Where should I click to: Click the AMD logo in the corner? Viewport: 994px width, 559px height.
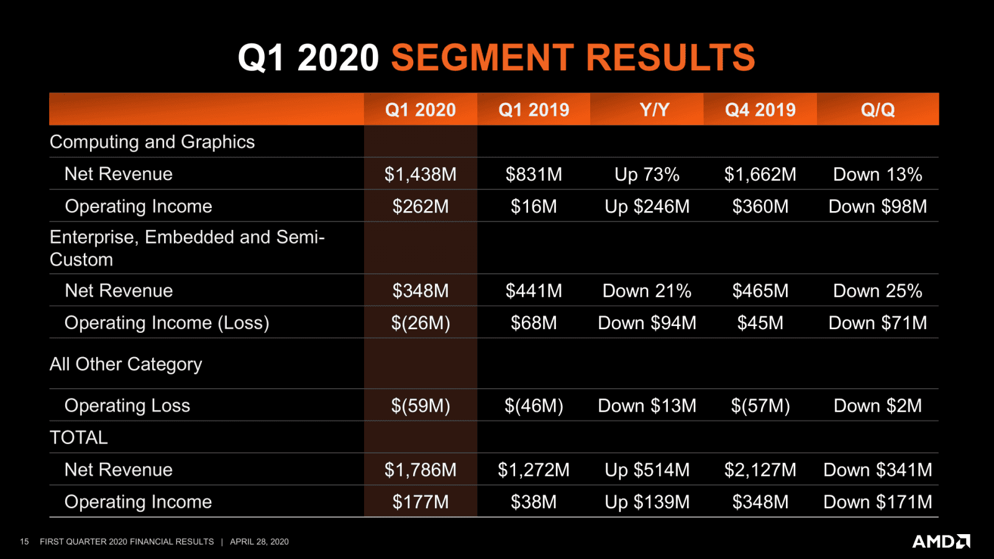(941, 541)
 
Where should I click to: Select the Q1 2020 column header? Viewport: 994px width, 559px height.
(421, 110)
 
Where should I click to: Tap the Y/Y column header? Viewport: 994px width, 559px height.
(654, 110)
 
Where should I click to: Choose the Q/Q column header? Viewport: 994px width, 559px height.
(877, 110)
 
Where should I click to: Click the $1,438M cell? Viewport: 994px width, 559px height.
(421, 175)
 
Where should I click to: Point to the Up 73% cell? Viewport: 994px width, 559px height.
(647, 175)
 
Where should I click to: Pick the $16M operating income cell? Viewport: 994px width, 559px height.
(534, 206)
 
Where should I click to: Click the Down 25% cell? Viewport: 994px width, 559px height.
(877, 291)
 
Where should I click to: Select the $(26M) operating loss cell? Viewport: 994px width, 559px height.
(421, 323)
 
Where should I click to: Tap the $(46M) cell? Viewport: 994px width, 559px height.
(534, 406)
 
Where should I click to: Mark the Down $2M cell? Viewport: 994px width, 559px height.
(877, 406)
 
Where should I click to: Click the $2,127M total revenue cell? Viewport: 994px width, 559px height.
(760, 470)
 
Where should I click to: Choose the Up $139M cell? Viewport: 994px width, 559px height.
(647, 502)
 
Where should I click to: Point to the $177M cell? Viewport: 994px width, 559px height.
(421, 502)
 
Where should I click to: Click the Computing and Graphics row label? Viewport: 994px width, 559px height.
(152, 142)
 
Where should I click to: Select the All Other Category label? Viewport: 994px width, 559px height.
(126, 364)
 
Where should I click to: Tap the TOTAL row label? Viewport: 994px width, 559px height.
(79, 437)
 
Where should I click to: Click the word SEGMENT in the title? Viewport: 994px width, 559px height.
(482, 58)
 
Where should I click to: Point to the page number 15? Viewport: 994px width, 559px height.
(24, 542)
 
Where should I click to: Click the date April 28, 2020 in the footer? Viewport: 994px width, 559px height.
(259, 542)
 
